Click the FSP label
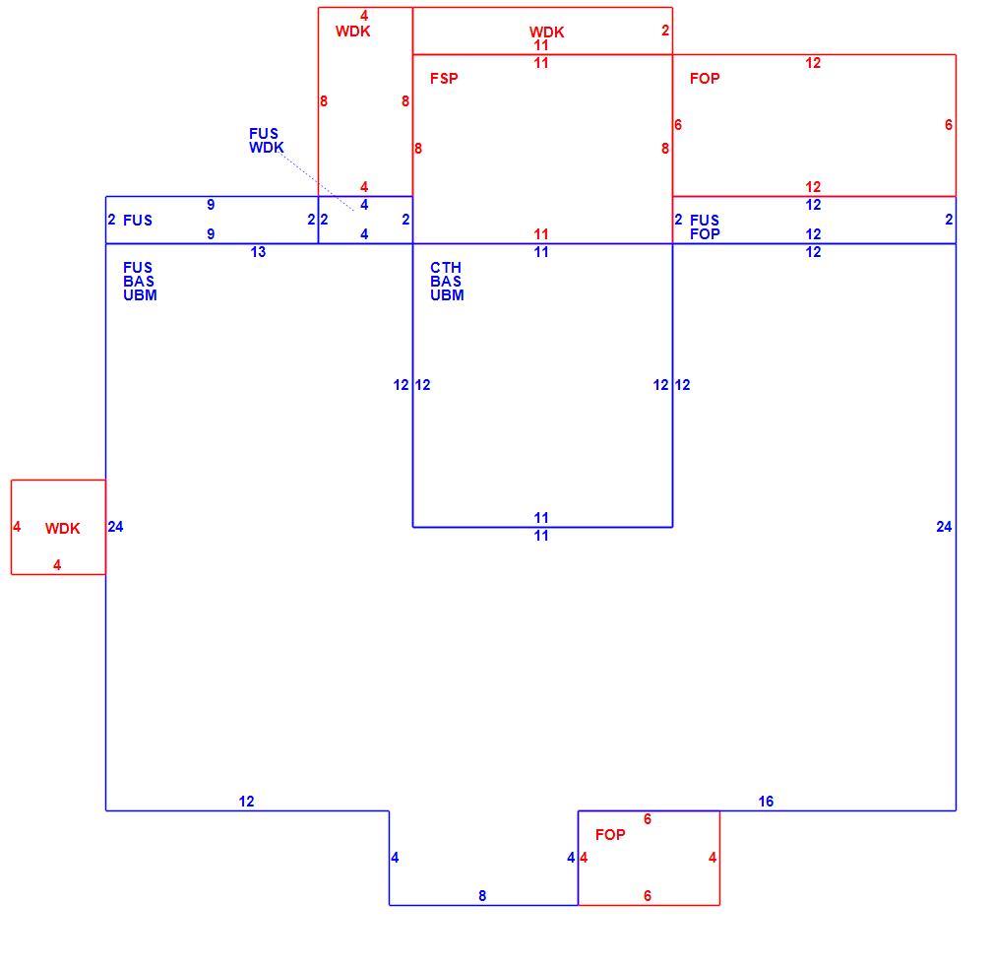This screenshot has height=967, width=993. coord(444,79)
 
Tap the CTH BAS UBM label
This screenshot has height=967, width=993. coord(447,282)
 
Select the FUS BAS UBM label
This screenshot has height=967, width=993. coord(140,282)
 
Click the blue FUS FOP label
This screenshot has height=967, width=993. coord(705,226)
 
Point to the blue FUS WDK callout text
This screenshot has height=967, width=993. coord(266,141)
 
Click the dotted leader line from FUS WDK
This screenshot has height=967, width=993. coord(317,181)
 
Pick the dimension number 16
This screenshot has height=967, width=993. coord(766,802)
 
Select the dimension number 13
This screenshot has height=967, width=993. coord(258,252)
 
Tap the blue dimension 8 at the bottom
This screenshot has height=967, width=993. coord(482,896)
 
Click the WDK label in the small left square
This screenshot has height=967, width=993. coord(63,529)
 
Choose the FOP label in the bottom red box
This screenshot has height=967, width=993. coord(610,835)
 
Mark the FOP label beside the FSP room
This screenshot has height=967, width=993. coord(705,79)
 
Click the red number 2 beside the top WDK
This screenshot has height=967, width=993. coord(665,31)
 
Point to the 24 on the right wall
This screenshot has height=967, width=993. coord(944,527)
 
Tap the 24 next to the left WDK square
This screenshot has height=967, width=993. coord(115,527)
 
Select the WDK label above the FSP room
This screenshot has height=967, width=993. coord(546,32)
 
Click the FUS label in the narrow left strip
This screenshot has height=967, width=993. coord(138,220)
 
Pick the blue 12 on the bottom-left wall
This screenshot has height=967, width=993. coord(246,802)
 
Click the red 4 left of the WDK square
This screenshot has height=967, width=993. coord(17,527)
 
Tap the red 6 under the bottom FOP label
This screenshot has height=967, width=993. coord(648,896)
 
